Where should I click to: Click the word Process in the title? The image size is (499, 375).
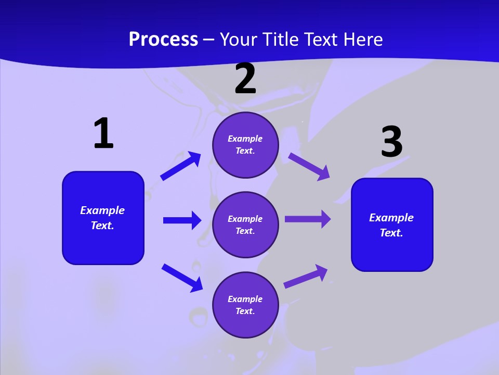pyautogui.click(x=163, y=39)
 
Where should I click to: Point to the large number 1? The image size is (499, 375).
pyautogui.click(x=103, y=134)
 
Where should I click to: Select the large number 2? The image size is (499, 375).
pyautogui.click(x=245, y=79)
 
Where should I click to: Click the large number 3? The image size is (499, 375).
pyautogui.click(x=391, y=142)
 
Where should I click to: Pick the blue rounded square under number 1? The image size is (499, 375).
pyautogui.click(x=103, y=218)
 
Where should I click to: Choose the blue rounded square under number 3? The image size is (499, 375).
pyautogui.click(x=392, y=225)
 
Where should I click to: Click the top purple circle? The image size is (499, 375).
pyautogui.click(x=245, y=145)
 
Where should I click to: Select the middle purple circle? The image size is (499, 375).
pyautogui.click(x=245, y=225)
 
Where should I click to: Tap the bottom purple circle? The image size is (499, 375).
pyautogui.click(x=245, y=305)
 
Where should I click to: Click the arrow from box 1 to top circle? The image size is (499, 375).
pyautogui.click(x=180, y=166)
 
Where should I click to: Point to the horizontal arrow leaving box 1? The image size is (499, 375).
pyautogui.click(x=182, y=220)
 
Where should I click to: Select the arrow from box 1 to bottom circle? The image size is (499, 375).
pyautogui.click(x=182, y=278)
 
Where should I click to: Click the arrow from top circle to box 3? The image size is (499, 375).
pyautogui.click(x=309, y=167)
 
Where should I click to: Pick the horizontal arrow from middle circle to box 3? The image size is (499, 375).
pyautogui.click(x=308, y=219)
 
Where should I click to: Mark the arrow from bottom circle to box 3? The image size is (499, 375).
pyautogui.click(x=306, y=276)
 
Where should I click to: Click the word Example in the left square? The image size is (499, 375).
pyautogui.click(x=102, y=210)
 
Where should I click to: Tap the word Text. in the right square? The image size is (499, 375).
pyautogui.click(x=391, y=233)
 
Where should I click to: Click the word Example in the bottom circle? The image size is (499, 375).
pyautogui.click(x=245, y=299)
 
